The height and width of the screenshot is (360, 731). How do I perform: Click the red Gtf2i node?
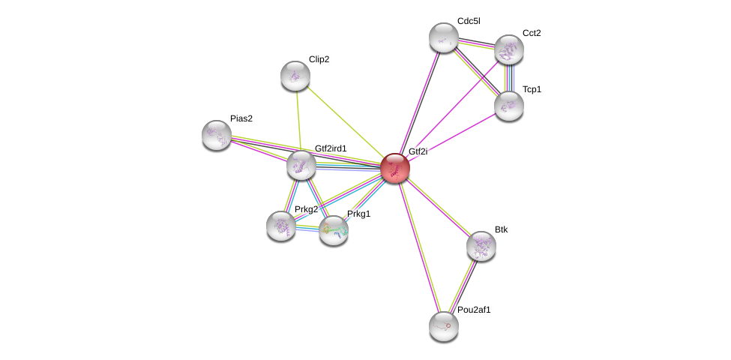point(394,168)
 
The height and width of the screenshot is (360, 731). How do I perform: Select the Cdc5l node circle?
point(443,37)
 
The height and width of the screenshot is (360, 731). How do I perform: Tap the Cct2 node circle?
point(508,50)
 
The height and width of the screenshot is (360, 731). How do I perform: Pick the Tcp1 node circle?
point(508,106)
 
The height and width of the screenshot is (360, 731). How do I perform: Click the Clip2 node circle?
point(295,76)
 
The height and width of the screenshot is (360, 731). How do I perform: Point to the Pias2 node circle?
point(217,135)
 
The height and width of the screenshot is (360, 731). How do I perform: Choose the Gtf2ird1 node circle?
point(301,165)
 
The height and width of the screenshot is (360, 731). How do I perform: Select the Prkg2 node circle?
point(281,225)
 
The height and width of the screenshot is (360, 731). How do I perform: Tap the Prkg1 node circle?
point(334,230)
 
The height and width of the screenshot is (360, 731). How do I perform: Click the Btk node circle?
point(481,245)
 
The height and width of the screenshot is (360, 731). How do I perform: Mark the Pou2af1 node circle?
point(443,326)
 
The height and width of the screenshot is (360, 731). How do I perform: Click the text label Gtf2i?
point(418,151)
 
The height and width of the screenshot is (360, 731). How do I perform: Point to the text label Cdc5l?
point(469,21)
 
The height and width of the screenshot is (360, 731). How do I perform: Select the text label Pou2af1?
point(474,310)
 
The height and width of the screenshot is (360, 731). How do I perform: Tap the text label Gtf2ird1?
point(331,148)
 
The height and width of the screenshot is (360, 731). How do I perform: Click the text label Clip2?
point(319,59)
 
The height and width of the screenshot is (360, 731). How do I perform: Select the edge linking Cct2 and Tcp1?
point(508,78)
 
